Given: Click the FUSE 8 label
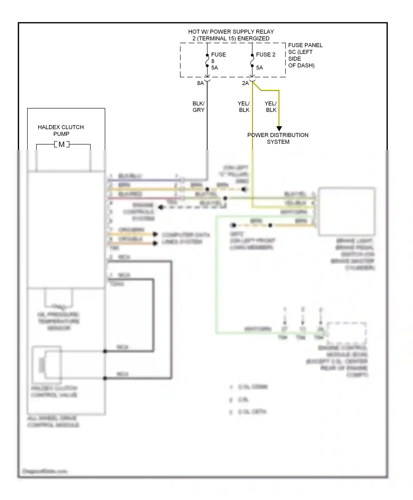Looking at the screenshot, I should pyautogui.click(x=218, y=55).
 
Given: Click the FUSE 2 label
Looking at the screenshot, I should pyautogui.click(x=265, y=55).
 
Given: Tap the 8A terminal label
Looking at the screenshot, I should pyautogui.click(x=200, y=83).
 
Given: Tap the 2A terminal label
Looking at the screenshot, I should pyautogui.click(x=245, y=83).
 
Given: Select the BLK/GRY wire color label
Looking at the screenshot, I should pyautogui.click(x=199, y=107).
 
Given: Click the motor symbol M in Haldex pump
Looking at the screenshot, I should pyautogui.click(x=62, y=144).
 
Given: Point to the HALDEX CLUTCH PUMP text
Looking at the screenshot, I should pyautogui.click(x=61, y=130).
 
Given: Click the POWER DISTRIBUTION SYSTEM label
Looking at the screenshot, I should pyautogui.click(x=278, y=138).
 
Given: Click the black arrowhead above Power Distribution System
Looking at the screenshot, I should pyautogui.click(x=279, y=129).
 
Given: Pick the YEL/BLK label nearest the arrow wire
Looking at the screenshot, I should pyautogui.click(x=271, y=107).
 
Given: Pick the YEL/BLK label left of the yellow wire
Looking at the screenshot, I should pyautogui.click(x=244, y=107).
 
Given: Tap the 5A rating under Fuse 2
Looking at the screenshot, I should pyautogui.click(x=259, y=68).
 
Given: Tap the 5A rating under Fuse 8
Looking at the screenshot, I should pyautogui.click(x=214, y=68).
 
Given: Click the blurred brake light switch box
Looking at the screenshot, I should pyautogui.click(x=347, y=212).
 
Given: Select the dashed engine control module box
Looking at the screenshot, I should pyautogui.click(x=347, y=333).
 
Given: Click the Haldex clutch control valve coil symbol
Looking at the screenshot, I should pyautogui.click(x=42, y=365).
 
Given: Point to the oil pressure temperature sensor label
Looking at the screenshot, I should pyautogui.click(x=58, y=321).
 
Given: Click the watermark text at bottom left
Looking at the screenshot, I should pyautogui.click(x=45, y=471).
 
